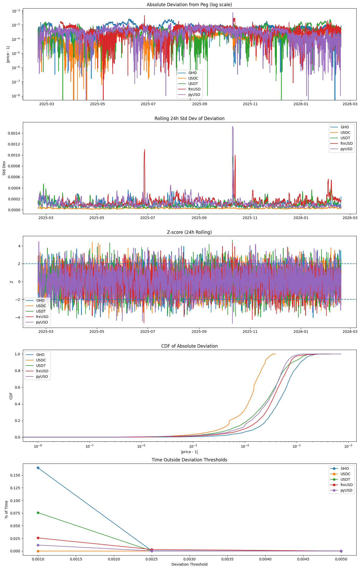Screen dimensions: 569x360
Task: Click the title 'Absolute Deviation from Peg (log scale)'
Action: (189, 5)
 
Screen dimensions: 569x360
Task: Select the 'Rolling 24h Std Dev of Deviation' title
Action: (189, 118)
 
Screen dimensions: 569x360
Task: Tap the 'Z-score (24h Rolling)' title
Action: (189, 232)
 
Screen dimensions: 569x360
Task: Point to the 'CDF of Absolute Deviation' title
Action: (189, 346)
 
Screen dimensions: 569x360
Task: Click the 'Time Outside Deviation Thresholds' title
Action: (189, 460)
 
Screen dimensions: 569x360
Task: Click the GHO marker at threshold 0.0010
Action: (38, 468)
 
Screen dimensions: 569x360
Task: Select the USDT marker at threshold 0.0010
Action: (38, 513)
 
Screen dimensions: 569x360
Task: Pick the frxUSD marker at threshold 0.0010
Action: (38, 538)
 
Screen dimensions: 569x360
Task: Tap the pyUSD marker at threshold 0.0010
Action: (38, 545)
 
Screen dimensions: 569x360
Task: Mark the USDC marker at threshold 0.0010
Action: (38, 551)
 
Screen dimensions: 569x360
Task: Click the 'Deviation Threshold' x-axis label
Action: (189, 564)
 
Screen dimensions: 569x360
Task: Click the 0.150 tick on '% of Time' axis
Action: (15, 475)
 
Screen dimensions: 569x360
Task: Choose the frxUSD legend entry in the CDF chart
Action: (42, 371)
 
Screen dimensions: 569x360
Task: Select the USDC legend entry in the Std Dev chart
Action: (345, 133)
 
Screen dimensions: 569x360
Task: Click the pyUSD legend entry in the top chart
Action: (194, 95)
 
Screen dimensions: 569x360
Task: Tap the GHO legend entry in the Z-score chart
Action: (40, 300)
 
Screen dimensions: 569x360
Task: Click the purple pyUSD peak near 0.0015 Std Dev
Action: (232, 127)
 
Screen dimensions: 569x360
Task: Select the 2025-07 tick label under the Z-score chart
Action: (148, 332)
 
